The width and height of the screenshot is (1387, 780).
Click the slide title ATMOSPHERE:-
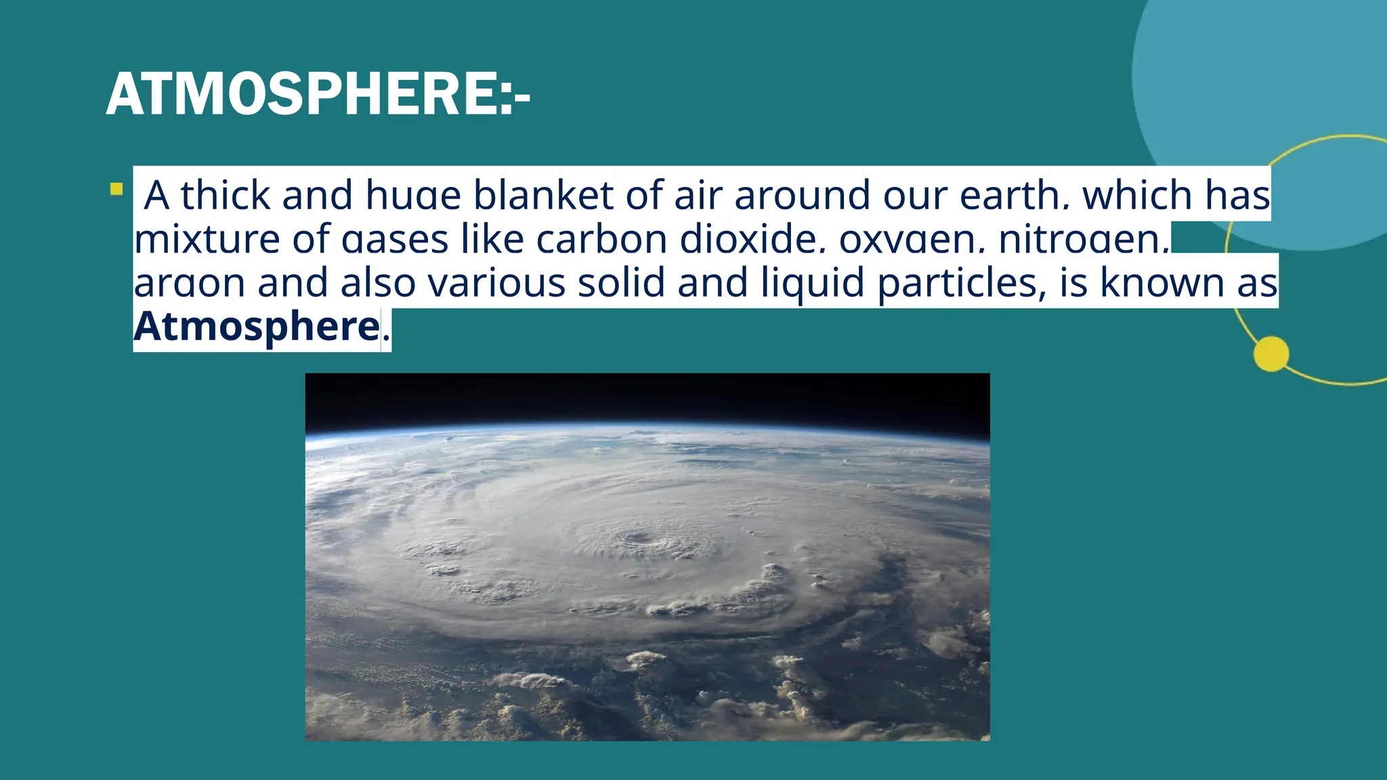[318, 94]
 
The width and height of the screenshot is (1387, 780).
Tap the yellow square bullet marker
[116, 189]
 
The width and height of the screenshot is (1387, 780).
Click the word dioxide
[752, 239]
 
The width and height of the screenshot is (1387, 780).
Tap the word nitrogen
[1084, 239]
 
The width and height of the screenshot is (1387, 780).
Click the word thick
[226, 196]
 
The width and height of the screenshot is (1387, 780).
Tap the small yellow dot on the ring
[1271, 353]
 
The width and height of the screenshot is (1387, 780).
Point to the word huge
[413, 196]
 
